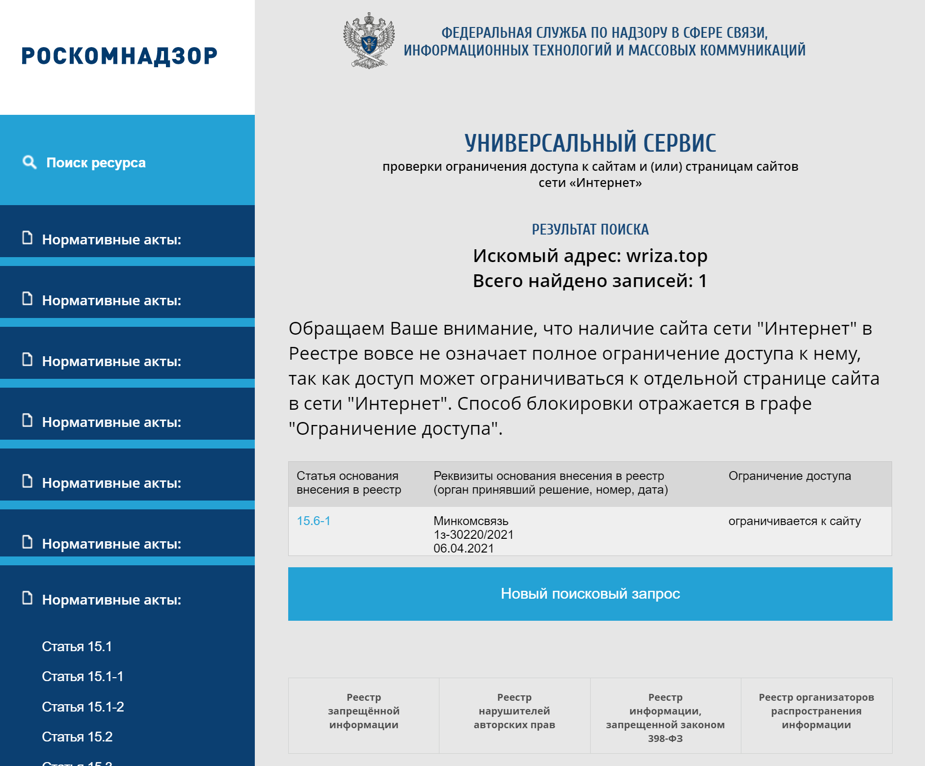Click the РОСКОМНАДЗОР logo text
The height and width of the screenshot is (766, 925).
point(119,56)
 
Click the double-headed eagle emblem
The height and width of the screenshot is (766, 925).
point(369,41)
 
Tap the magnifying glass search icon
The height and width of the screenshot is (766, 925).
point(29,162)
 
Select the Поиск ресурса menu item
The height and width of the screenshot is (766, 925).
point(96,162)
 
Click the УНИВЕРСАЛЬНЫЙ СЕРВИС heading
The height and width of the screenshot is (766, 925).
point(590,143)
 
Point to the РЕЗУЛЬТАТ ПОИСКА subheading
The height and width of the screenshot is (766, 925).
point(590,229)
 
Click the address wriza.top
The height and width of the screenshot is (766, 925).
point(667,256)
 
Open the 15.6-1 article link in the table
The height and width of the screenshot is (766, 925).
point(313,521)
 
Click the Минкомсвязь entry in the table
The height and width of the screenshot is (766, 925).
point(470,521)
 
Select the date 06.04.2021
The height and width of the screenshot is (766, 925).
point(463,548)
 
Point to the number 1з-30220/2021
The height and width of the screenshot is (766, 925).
point(473,534)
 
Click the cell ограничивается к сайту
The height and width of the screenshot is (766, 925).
point(794,521)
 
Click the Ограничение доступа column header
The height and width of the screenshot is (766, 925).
point(789,475)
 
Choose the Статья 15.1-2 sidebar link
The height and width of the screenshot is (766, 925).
point(82,707)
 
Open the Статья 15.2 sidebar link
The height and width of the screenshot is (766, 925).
point(77,737)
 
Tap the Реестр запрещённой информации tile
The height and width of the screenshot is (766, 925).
point(363,711)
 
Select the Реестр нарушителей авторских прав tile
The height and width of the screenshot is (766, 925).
point(514,711)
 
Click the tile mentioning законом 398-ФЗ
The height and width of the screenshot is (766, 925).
point(665,717)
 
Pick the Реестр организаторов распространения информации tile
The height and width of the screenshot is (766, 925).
point(816,711)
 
